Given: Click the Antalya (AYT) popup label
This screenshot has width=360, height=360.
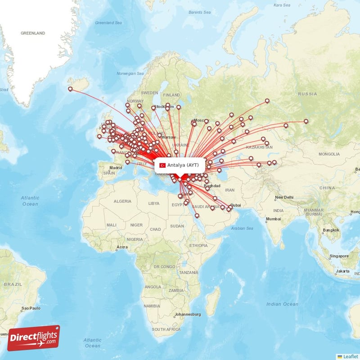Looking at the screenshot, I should tap(183, 165).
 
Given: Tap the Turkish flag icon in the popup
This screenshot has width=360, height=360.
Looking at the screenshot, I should tap(162, 165).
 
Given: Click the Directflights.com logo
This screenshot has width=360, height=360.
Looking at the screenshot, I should tap(34, 337).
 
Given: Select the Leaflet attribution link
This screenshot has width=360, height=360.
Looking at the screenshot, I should tap(350, 356).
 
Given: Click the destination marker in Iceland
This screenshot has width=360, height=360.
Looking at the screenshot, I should tap(70, 89).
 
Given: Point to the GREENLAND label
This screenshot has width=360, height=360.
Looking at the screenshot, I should tap(33, 33).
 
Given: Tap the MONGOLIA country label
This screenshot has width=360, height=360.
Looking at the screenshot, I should tap(329, 154).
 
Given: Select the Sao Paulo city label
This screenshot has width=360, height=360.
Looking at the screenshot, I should tap(31, 309).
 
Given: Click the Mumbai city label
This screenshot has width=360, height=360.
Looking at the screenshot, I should tap(273, 219).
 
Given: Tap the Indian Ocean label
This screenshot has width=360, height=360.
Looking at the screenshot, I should tap(282, 304).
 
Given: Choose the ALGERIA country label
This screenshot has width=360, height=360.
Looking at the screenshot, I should tap(122, 201).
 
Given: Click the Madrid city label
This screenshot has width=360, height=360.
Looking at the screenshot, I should tap(116, 168).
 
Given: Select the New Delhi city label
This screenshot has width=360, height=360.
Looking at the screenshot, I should tap(284, 198).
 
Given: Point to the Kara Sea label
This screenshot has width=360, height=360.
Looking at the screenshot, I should tap(282, 5).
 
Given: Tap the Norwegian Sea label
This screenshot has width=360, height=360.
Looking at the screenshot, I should tap(130, 73).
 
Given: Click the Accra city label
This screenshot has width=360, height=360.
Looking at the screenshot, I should tap(121, 247).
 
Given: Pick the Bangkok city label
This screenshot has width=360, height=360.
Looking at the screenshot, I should tap(330, 230).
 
